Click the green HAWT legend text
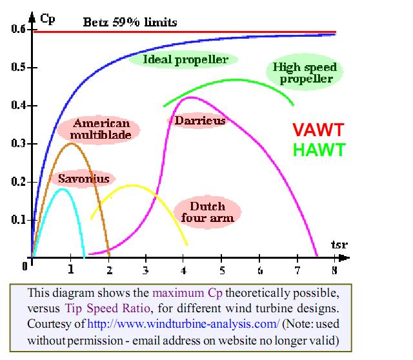coord(319,150)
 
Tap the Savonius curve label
coord(83,179)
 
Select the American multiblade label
coord(101,129)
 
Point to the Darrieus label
coord(199,120)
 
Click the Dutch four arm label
coord(207,212)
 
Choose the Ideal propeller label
coord(186,60)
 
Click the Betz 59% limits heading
coord(130,23)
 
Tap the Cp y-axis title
coord(48,17)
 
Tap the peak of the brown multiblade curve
coord(71,143)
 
